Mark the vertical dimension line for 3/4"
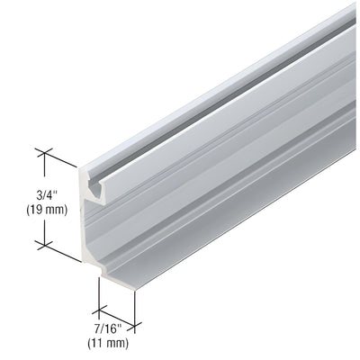point(42,198)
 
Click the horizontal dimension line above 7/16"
point(116,310)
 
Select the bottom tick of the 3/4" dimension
point(42,243)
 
